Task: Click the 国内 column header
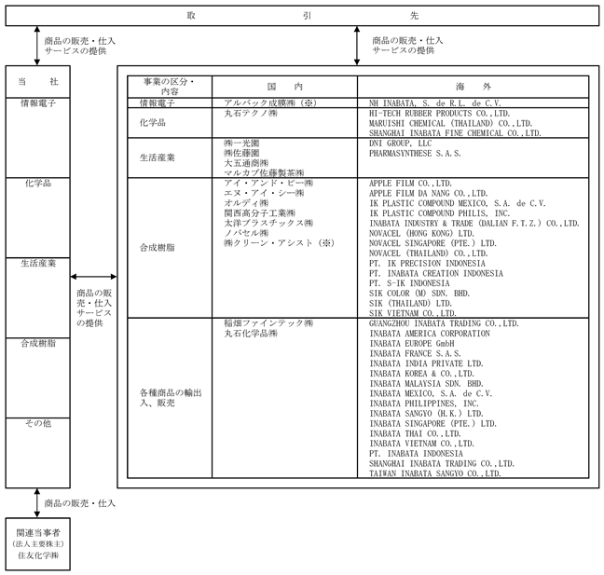pyautogui.click(x=284, y=87)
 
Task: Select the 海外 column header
pyautogui.click(x=473, y=87)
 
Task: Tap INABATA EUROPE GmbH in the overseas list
pyautogui.click(x=412, y=344)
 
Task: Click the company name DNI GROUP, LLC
pyautogui.click(x=400, y=144)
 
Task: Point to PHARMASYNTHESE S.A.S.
pyautogui.click(x=415, y=153)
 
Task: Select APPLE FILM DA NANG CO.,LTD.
pyautogui.click(x=429, y=193)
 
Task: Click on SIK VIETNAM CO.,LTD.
pyautogui.click(x=413, y=313)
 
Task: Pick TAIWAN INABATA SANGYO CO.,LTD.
pyautogui.click(x=435, y=473)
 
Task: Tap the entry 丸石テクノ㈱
pyautogui.click(x=251, y=113)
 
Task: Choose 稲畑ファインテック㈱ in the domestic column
pyautogui.click(x=268, y=323)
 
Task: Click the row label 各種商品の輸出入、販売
pyautogui.click(x=171, y=398)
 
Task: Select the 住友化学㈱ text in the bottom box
pyautogui.click(x=38, y=555)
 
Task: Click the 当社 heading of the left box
pyautogui.click(x=37, y=82)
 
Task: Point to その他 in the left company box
pyautogui.click(x=37, y=423)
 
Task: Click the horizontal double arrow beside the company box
pyautogui.click(x=93, y=277)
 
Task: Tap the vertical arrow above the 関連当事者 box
pyautogui.click(x=37, y=503)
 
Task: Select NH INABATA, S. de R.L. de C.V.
pyautogui.click(x=435, y=103)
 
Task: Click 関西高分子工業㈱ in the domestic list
pyautogui.click(x=260, y=213)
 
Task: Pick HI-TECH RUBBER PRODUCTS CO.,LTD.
pyautogui.click(x=440, y=113)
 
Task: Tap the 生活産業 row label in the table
pyautogui.click(x=158, y=157)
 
